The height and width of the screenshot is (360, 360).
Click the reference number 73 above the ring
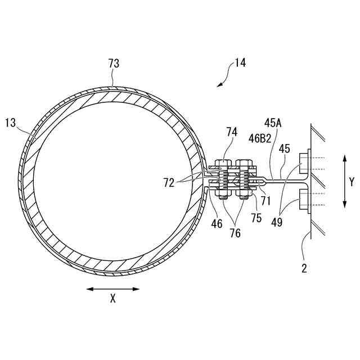114,64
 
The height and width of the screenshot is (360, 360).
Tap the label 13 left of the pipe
11,122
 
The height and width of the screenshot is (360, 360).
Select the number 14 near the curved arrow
240,63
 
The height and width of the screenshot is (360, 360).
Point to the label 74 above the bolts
232,132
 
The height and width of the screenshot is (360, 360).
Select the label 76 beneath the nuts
235,232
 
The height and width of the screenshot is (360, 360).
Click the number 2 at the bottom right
304,268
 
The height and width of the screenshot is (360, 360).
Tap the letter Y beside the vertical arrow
352,182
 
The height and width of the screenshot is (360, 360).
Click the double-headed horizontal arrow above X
112,289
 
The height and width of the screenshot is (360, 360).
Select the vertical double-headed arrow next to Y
344,182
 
